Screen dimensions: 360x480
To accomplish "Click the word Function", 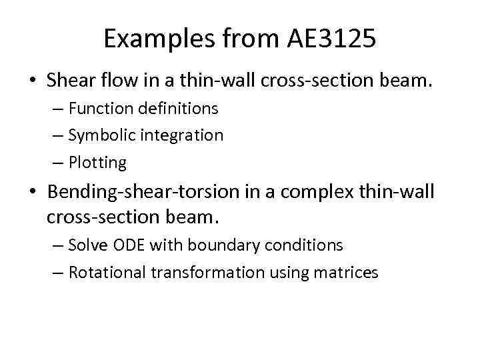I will click(x=101, y=107).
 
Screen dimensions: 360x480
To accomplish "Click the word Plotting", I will click(x=97, y=163).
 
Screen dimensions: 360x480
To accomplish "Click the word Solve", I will click(x=85, y=245).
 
